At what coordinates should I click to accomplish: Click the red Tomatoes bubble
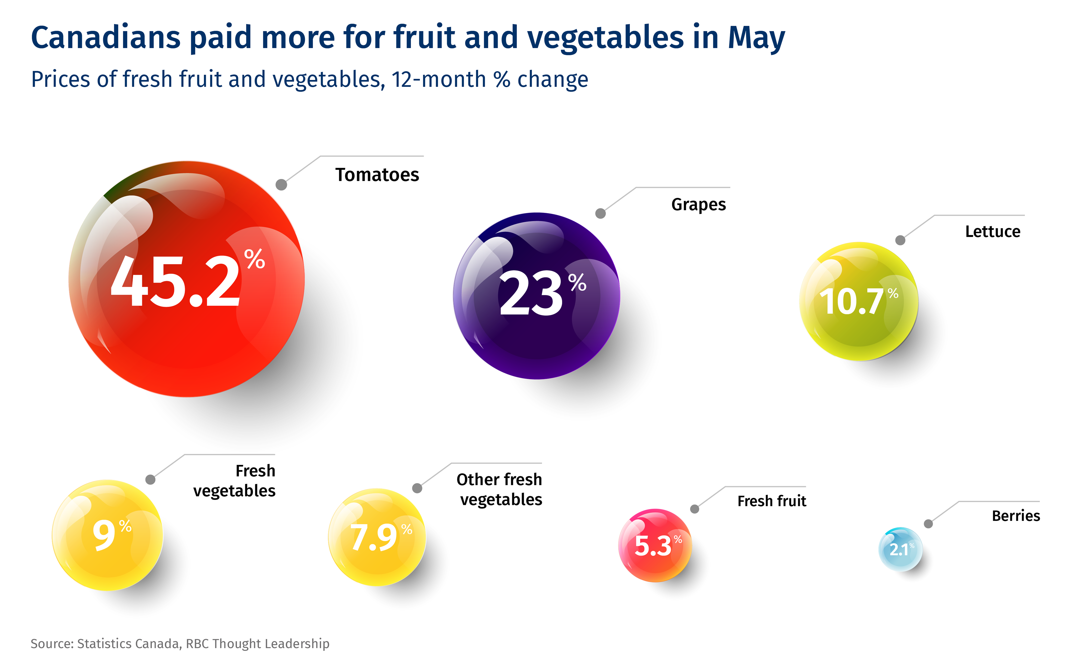pos(186,279)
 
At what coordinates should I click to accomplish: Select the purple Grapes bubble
pos(536,296)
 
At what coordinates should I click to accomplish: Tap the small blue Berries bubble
pos(900,550)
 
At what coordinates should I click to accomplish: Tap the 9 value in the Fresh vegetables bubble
pos(104,535)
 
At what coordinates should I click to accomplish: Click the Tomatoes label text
pos(377,175)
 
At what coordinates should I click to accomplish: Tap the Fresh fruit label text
pos(772,501)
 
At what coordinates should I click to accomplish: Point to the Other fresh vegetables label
pos(499,489)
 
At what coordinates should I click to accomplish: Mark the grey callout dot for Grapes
pos(600,213)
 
